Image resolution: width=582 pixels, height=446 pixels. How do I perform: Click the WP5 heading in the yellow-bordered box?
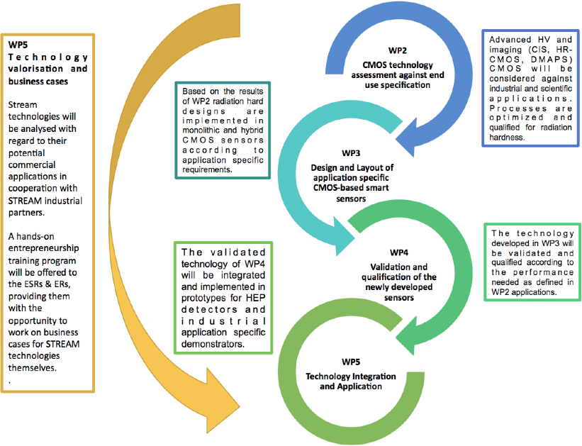18,45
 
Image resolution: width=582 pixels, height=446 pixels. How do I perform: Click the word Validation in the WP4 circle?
392,267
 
